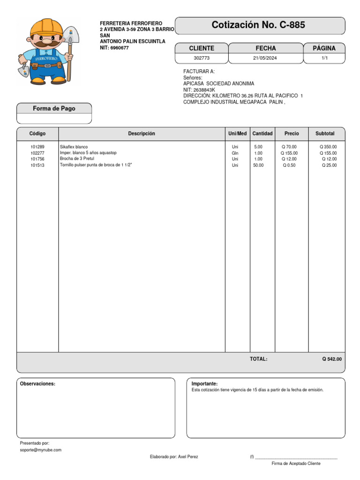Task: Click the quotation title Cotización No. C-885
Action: (x=258, y=25)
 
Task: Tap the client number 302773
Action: (x=201, y=58)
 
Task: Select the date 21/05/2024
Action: (x=265, y=58)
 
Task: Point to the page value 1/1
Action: (x=324, y=58)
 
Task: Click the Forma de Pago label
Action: (x=54, y=109)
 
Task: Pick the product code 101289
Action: (x=37, y=147)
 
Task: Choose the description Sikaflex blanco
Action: (x=74, y=147)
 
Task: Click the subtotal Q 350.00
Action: (x=328, y=147)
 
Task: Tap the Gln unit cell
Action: (x=235, y=153)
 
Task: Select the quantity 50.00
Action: (x=258, y=165)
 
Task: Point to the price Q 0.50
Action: (x=289, y=165)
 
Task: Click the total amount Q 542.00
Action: (x=332, y=359)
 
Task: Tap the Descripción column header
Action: (x=142, y=134)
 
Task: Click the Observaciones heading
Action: (x=37, y=384)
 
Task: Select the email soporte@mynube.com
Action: (x=41, y=450)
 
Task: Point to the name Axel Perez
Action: (x=188, y=457)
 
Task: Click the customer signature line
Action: (x=296, y=457)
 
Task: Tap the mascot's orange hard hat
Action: (x=46, y=28)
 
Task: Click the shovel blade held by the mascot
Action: (x=71, y=34)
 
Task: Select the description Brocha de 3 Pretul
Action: (x=77, y=159)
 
